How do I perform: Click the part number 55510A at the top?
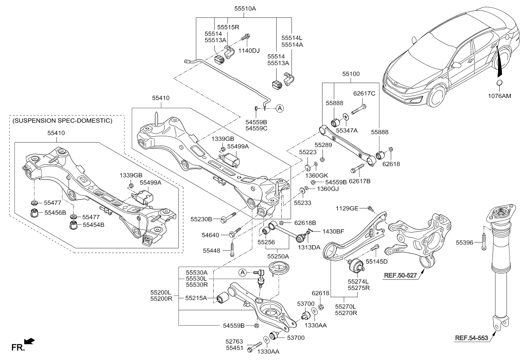coord(245,9)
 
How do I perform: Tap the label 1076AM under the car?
coord(500,96)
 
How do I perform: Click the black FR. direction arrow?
coord(29,341)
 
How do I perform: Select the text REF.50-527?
coord(400,276)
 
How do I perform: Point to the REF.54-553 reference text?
coord(471,338)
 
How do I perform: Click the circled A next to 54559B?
coord(280,109)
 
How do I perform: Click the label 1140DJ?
coord(249,51)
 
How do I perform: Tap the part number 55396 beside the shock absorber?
coord(464,242)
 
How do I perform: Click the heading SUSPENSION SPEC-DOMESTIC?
coord(62,121)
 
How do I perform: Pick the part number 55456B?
coord(55,213)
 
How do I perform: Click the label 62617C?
coord(364,93)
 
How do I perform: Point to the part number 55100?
coord(351,74)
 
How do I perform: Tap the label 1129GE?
coord(347,208)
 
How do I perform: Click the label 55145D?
coord(377,262)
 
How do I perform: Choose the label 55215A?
coord(196,298)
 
